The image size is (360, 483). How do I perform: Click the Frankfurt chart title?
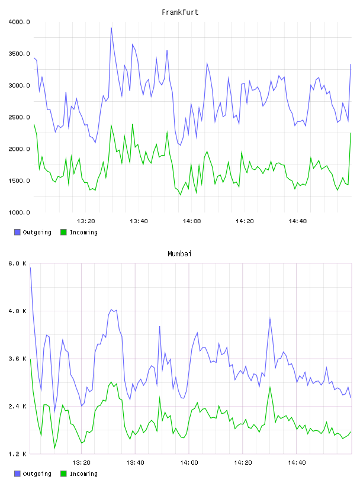(180, 12)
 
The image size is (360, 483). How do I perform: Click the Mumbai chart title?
(179, 254)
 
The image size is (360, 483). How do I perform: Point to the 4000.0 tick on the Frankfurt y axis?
(19, 22)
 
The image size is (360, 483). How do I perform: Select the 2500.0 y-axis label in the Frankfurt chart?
(19, 117)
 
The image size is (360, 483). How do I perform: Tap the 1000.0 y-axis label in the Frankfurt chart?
(19, 212)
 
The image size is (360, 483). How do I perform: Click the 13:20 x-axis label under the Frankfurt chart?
(86, 221)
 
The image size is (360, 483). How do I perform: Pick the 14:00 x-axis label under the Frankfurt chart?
(192, 221)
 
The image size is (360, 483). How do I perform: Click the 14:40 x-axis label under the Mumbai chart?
(297, 462)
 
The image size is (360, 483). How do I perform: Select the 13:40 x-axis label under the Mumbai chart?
(136, 462)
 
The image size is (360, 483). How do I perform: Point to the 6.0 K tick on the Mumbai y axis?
(18, 263)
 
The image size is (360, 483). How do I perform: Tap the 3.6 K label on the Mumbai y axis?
(18, 359)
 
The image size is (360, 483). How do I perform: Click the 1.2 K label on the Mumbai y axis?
(18, 454)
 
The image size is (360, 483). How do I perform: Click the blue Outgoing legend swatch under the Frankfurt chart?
(17, 232)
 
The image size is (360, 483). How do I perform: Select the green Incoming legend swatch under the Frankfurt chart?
(63, 232)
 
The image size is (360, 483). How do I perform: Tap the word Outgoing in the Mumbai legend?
(37, 474)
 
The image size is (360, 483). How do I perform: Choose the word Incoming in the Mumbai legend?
(83, 474)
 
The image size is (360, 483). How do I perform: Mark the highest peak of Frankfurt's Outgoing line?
(111, 28)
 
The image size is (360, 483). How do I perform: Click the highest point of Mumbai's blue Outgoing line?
(30, 268)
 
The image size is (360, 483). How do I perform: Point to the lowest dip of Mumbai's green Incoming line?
(54, 448)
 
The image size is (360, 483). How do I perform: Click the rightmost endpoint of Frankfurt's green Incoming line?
(351, 133)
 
